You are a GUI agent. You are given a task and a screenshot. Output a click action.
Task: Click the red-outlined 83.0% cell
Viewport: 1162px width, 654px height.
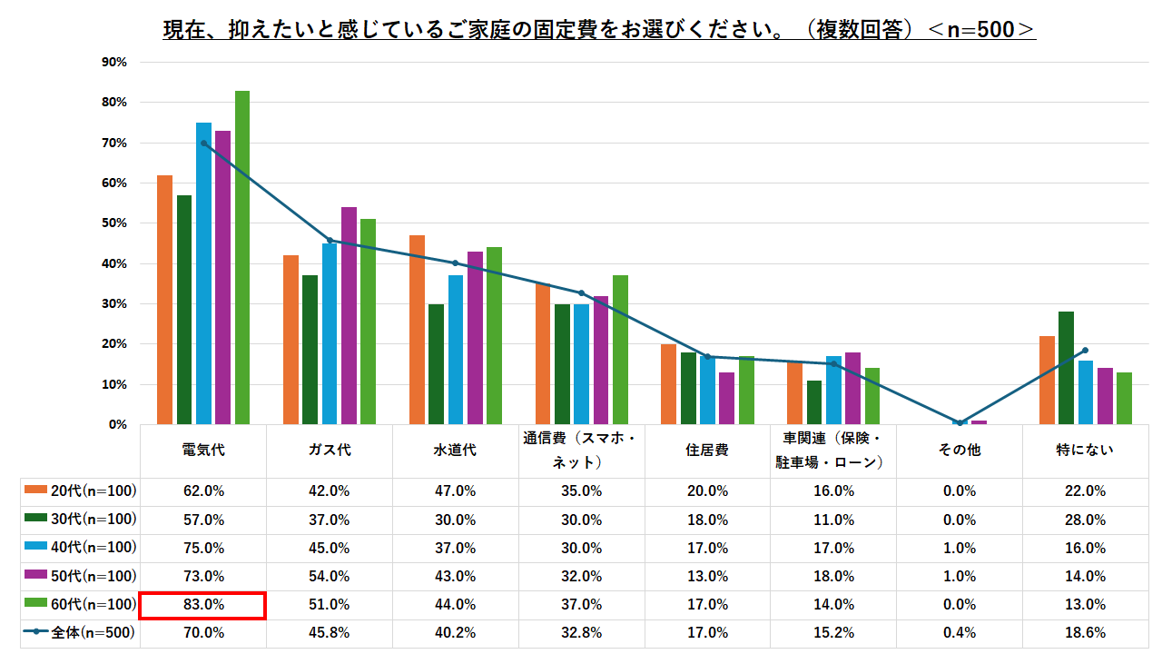[x=202, y=604]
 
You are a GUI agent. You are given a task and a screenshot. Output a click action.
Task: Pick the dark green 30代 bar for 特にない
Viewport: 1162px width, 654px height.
[x=1066, y=368]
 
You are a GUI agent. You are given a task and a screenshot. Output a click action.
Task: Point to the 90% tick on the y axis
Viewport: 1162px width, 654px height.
[x=113, y=63]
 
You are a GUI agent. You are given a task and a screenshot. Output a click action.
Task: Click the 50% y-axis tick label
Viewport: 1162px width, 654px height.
[x=113, y=223]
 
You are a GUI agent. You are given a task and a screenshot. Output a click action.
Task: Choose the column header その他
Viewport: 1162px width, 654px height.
[x=960, y=450]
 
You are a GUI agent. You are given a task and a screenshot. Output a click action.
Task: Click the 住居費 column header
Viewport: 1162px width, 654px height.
[x=707, y=450]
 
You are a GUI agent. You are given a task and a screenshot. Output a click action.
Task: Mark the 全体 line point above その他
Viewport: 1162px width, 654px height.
[x=960, y=422]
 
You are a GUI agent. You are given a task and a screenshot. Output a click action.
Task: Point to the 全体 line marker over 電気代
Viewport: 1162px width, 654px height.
[x=203, y=143]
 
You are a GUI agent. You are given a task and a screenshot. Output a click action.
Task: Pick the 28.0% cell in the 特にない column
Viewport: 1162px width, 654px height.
[x=1086, y=520]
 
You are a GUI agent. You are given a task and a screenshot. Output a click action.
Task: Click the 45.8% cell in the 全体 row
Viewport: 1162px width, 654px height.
[x=329, y=632]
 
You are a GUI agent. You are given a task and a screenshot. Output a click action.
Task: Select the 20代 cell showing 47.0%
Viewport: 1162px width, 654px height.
[x=455, y=491]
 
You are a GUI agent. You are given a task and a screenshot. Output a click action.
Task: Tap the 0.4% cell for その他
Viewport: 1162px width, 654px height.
[x=960, y=632]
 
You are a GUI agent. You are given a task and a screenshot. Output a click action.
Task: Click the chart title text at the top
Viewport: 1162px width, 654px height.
[x=599, y=30]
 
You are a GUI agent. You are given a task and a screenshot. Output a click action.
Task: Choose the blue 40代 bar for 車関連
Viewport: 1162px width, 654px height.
[x=833, y=390]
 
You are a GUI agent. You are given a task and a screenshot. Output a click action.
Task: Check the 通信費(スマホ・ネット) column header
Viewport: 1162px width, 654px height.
[x=581, y=450]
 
